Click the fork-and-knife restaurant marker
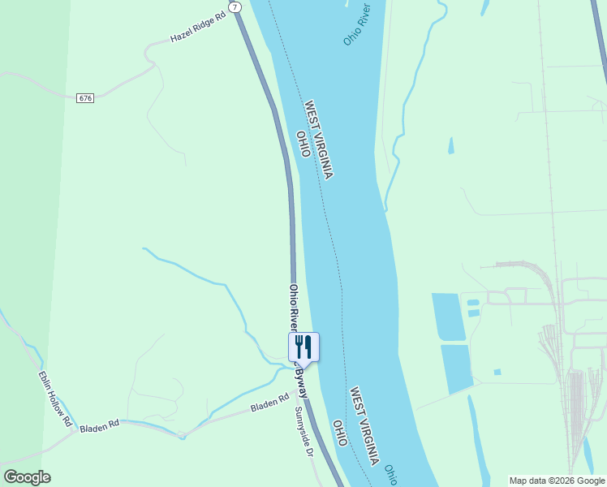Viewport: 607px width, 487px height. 303,347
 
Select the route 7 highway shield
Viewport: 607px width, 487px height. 235,6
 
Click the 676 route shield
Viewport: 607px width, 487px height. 86,98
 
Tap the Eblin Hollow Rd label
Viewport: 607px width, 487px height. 55,399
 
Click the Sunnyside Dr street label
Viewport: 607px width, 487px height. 303,431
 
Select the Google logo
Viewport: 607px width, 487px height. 27,477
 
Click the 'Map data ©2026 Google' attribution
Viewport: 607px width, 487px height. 557,481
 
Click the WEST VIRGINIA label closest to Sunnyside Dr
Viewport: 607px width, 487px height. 364,425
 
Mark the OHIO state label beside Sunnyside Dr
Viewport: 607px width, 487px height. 341,433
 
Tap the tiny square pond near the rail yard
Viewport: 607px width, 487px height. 497,372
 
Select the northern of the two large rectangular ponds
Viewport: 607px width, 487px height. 450,317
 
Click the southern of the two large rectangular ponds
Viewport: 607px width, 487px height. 457,369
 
